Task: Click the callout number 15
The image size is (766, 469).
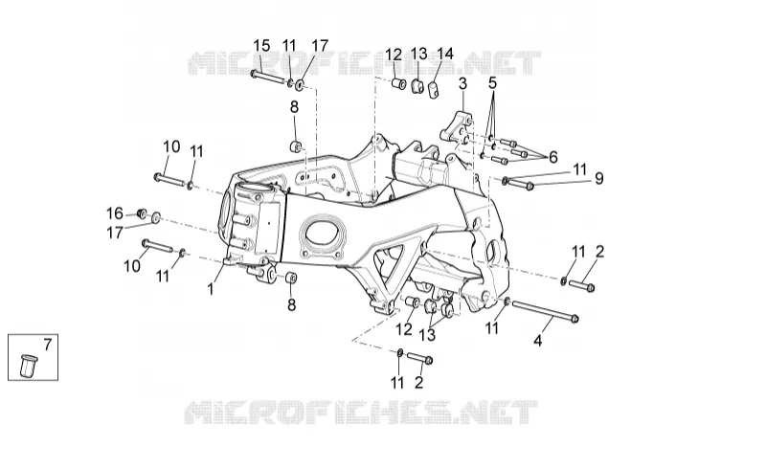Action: (x=261, y=46)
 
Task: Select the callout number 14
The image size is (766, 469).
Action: (x=444, y=54)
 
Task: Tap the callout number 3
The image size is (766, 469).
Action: (x=462, y=83)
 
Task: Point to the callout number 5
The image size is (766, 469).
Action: (x=492, y=82)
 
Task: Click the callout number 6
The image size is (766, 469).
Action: (x=553, y=157)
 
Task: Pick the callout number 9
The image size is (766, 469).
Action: (x=599, y=178)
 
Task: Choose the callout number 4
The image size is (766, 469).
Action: (x=537, y=340)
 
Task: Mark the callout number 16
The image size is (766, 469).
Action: (x=115, y=213)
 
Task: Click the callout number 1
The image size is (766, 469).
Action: (x=211, y=289)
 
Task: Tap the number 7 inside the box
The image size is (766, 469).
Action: (x=47, y=345)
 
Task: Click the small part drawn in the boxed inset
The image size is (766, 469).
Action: (x=28, y=365)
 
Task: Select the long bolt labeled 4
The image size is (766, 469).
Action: (x=545, y=311)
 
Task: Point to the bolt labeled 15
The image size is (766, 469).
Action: (x=268, y=77)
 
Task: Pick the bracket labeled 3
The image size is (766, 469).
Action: (x=457, y=126)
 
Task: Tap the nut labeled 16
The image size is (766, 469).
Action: (x=142, y=213)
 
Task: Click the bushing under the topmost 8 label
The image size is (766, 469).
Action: (x=296, y=145)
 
